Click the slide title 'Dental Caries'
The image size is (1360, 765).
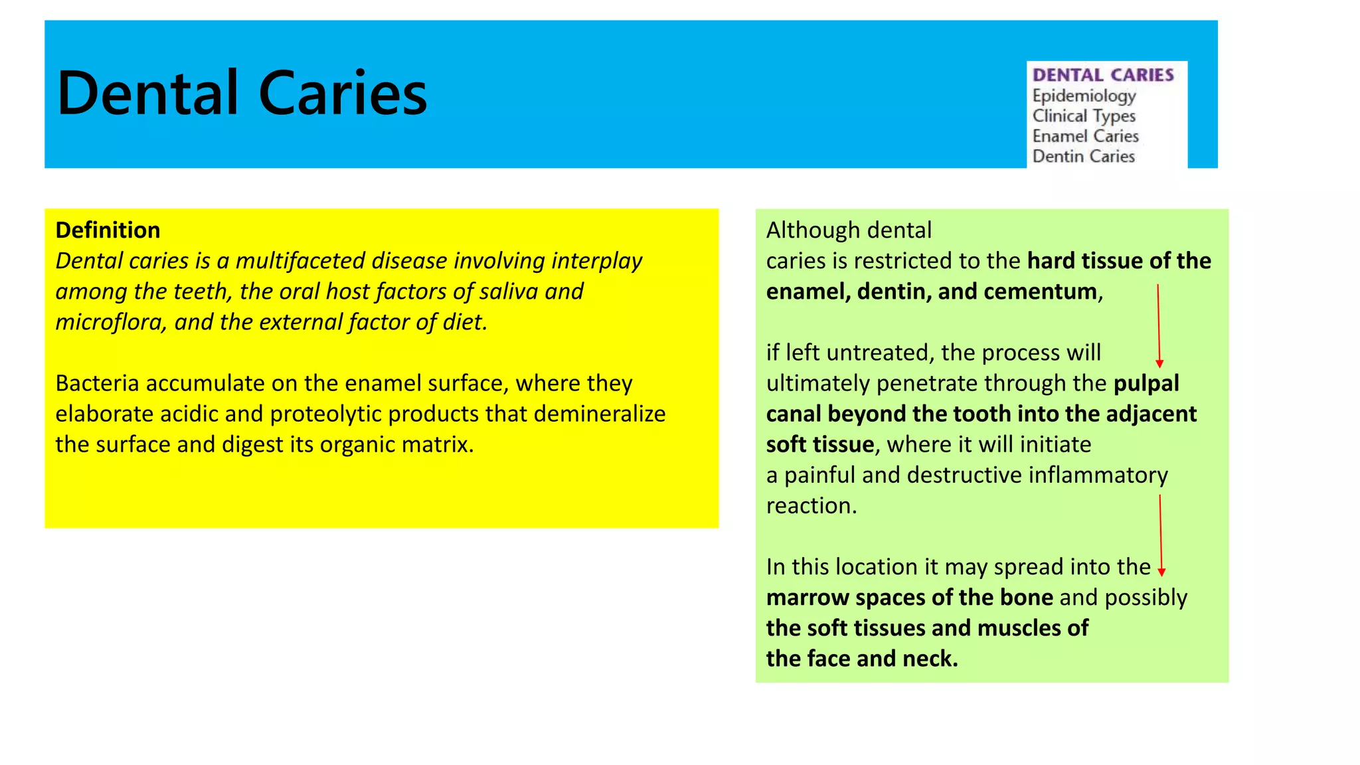coord(242,93)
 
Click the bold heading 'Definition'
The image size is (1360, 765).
coord(108,230)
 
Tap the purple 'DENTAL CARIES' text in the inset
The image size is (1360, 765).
coord(1103,75)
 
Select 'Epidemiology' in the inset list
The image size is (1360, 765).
coord(1084,96)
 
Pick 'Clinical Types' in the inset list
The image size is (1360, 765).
coord(1084,116)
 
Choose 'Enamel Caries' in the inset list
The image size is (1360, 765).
coord(1085,136)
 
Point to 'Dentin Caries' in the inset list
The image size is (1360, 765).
coord(1083,157)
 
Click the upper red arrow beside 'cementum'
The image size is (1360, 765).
coord(1159,325)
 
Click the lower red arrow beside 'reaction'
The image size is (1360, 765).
coord(1161,535)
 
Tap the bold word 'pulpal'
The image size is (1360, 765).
coord(1146,383)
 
